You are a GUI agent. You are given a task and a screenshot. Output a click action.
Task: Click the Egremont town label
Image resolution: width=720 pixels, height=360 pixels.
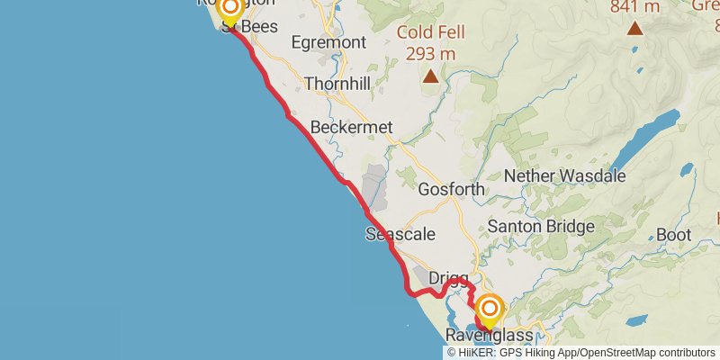(x=328, y=42)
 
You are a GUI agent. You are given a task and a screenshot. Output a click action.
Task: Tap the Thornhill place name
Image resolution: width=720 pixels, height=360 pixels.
(x=337, y=84)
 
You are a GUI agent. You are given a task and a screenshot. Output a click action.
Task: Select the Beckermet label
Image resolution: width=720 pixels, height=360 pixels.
(x=352, y=128)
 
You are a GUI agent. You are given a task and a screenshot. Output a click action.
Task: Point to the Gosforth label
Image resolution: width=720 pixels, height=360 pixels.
(x=452, y=190)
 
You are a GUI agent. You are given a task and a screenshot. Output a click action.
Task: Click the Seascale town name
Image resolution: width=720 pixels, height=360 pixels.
(x=400, y=234)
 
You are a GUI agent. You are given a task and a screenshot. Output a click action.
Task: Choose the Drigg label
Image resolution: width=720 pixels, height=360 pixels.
(x=448, y=279)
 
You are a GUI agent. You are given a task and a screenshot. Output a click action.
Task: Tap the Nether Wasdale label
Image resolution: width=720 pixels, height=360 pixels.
(x=564, y=175)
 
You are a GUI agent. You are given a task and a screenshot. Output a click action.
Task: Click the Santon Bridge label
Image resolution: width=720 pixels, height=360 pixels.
(x=539, y=226)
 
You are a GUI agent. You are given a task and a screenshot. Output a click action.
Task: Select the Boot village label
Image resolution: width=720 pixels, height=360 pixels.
(x=673, y=235)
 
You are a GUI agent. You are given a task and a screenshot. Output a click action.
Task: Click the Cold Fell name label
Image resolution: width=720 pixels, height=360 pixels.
(x=432, y=33)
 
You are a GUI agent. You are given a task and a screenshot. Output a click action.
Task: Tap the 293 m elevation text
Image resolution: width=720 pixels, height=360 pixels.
(x=431, y=53)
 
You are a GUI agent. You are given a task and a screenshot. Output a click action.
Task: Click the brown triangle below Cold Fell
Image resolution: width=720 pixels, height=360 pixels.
(x=431, y=76)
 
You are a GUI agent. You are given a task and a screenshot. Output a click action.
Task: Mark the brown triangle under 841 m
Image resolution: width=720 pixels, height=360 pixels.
(x=635, y=28)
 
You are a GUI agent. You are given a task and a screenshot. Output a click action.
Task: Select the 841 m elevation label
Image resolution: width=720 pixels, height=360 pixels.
(x=634, y=7)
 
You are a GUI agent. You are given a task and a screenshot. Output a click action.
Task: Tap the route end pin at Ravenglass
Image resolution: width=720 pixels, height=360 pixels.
(x=490, y=311)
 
